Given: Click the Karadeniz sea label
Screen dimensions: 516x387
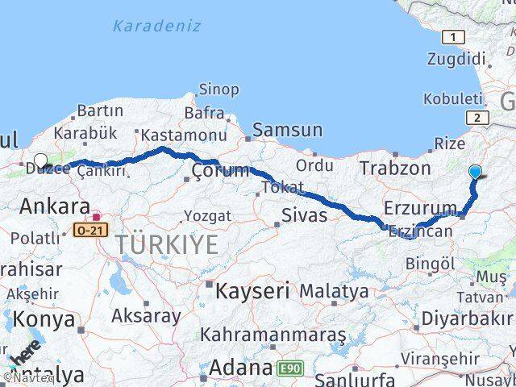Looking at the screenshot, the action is [156, 26].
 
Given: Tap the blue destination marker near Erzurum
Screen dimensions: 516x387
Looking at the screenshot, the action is [475, 172].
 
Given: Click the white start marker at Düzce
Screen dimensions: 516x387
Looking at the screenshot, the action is [41, 161].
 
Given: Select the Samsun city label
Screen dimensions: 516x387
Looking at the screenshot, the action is [287, 130].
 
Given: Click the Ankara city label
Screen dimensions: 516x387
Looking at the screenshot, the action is [54, 206].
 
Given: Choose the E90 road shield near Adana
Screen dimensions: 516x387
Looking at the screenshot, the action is [291, 369].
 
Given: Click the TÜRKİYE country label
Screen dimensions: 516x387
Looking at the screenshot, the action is [166, 243].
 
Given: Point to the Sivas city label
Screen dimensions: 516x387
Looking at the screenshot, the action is [305, 215].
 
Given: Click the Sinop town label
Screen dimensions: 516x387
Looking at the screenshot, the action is [218, 89].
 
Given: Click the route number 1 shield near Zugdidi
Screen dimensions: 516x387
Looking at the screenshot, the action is [453, 36].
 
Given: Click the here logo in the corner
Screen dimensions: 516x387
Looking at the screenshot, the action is [23, 353].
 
